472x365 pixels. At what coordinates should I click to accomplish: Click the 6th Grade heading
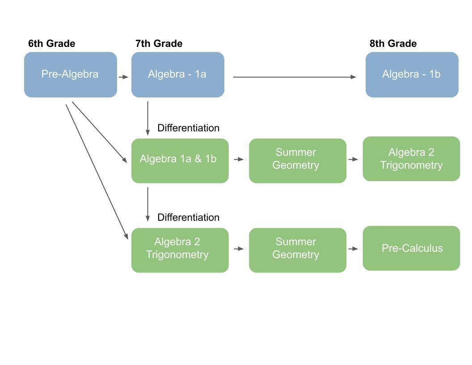51,43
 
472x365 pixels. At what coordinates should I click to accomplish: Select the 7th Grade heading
159,43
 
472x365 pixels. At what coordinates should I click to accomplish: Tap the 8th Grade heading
393,43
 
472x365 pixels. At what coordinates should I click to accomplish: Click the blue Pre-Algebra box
71,75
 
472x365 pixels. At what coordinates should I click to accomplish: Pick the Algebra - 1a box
177,75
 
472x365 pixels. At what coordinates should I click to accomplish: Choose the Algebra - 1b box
412,75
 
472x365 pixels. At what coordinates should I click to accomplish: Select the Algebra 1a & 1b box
180,161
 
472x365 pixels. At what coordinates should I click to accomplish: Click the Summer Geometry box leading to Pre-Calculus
298,250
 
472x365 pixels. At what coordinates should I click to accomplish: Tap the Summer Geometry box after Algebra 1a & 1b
298,161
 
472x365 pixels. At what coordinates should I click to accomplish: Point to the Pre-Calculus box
412,248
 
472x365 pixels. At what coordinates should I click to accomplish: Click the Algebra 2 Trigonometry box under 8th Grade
412,159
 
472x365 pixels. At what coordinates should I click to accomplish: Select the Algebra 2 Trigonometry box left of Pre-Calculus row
180,250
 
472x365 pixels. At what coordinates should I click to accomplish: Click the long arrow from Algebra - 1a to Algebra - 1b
295,77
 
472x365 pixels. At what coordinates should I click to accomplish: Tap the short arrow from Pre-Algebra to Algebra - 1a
123,77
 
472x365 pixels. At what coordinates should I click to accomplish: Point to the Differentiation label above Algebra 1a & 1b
189,128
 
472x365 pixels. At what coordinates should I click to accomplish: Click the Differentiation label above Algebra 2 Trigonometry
189,217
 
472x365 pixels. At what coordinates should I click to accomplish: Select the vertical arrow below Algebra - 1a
147,119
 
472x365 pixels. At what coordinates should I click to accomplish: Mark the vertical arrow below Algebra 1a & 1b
147,204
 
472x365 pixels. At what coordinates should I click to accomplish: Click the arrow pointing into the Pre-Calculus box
353,249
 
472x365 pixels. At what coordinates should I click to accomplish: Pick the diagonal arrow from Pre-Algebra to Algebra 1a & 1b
100,132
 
